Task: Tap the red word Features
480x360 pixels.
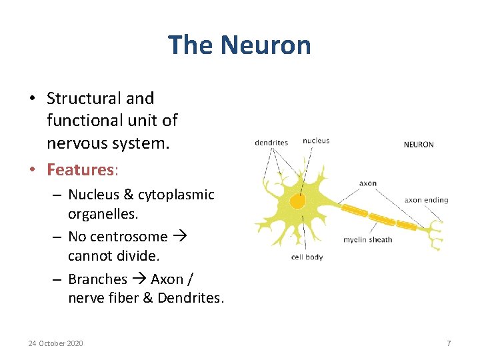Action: [80, 169]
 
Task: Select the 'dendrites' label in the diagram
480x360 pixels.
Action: [271, 142]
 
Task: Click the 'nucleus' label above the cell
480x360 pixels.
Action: [315, 141]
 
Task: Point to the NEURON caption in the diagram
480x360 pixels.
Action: [419, 144]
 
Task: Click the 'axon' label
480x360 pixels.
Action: [368, 183]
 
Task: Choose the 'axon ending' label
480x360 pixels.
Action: [426, 199]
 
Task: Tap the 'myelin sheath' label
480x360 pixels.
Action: [367, 239]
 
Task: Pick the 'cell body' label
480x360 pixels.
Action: [307, 257]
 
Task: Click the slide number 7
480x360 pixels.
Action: [449, 343]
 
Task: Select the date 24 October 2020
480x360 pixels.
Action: [56, 343]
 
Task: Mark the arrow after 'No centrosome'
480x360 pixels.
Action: [180, 237]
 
